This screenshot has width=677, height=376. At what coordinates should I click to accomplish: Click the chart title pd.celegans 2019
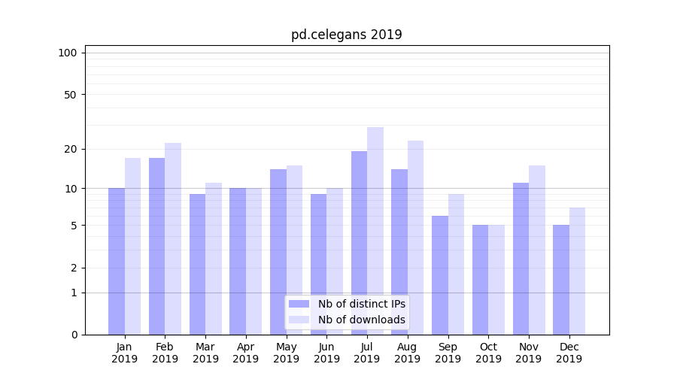coord(347,35)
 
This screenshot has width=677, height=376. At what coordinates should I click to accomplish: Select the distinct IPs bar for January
coord(117,261)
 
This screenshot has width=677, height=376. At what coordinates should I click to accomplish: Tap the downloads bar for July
coord(375,231)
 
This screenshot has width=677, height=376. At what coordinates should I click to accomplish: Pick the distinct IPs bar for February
coord(156,246)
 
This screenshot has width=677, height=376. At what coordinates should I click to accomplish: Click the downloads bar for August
coord(416,238)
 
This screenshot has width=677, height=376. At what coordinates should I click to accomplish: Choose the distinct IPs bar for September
coord(440,275)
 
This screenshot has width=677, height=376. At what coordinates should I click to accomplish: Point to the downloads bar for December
coord(577,271)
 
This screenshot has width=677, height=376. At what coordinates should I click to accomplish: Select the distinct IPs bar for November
coord(521,259)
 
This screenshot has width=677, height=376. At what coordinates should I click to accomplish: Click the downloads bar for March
coord(214,259)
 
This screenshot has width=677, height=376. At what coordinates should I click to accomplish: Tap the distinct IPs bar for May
coord(278,252)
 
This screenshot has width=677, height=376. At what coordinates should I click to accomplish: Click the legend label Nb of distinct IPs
coord(362,304)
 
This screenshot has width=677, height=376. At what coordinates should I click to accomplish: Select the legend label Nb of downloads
coord(362,320)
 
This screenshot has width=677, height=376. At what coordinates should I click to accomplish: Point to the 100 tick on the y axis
coord(68,53)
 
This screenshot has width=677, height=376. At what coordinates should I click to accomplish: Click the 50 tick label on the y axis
coord(70,95)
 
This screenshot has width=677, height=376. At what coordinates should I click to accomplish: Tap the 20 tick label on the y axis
coord(70,149)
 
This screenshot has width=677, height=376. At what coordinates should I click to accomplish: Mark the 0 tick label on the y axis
coord(74,335)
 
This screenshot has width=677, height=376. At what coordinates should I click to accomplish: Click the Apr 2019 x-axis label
coord(246,353)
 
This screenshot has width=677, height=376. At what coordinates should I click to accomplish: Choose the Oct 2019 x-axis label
coord(488,353)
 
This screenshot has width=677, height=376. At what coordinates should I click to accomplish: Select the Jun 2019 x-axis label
coord(326,353)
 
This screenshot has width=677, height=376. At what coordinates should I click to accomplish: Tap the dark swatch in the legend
coord(299,304)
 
